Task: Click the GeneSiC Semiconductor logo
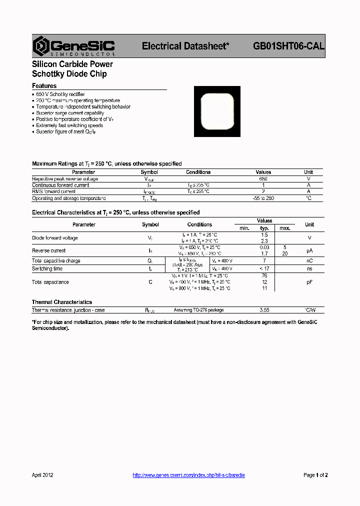73,46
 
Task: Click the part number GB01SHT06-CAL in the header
288,46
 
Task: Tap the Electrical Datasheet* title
185,46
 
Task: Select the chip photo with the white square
216,111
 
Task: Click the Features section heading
44,86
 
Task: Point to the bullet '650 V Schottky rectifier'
60,94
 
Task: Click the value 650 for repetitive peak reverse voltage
263,178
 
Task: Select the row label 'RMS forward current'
54,191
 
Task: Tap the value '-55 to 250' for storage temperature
263,198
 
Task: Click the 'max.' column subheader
285,228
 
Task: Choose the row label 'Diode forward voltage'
55,238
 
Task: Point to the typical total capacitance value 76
264,275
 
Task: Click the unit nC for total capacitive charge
309,260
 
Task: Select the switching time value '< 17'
264,268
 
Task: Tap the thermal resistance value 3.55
264,310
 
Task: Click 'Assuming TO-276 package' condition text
199,310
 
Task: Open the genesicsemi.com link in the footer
188,475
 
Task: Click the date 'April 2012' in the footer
42,475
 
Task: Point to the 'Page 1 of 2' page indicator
315,475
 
